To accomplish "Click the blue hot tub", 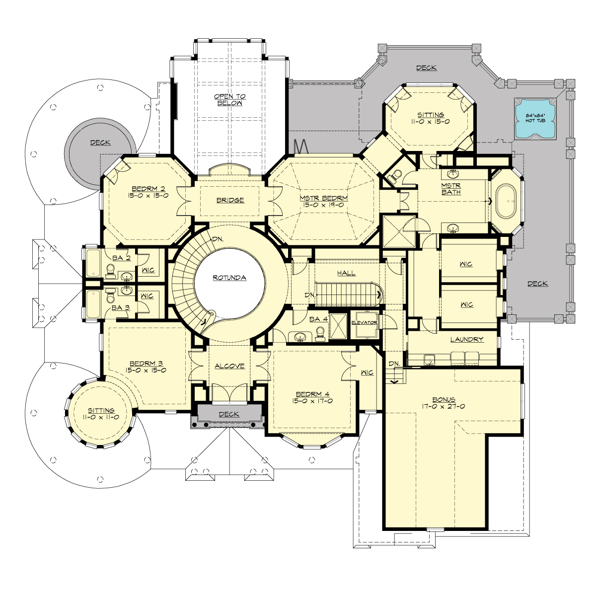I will pos(535,120).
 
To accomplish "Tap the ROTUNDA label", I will pos(229,278).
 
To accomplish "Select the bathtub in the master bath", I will pos(505,202).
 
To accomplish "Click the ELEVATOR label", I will pos(365,323).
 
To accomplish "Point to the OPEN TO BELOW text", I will pos(229,100).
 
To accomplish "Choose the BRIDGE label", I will pos(230,200).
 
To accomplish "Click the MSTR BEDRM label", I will pos(324,198).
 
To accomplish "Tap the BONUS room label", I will pos(444,399).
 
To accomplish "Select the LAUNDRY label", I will pos(467,340).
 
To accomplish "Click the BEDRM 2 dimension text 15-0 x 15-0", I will pos(148,196).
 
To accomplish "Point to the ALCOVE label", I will pos(229,366).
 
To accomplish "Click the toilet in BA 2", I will pos(110,269).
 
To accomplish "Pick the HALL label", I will pos(346,273).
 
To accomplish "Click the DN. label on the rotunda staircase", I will pos(218,239).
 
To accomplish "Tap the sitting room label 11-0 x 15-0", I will pos(431,121).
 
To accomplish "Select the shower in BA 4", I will pos(339,325).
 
